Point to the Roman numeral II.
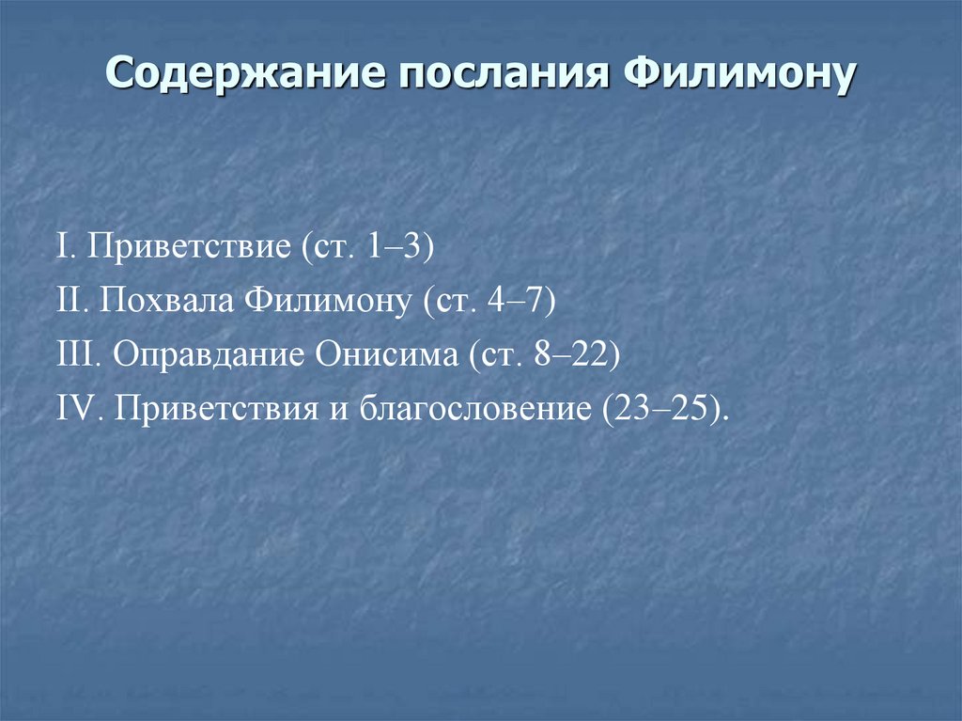coord(71,303)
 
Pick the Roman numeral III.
coord(79,356)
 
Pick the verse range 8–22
coord(572,356)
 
